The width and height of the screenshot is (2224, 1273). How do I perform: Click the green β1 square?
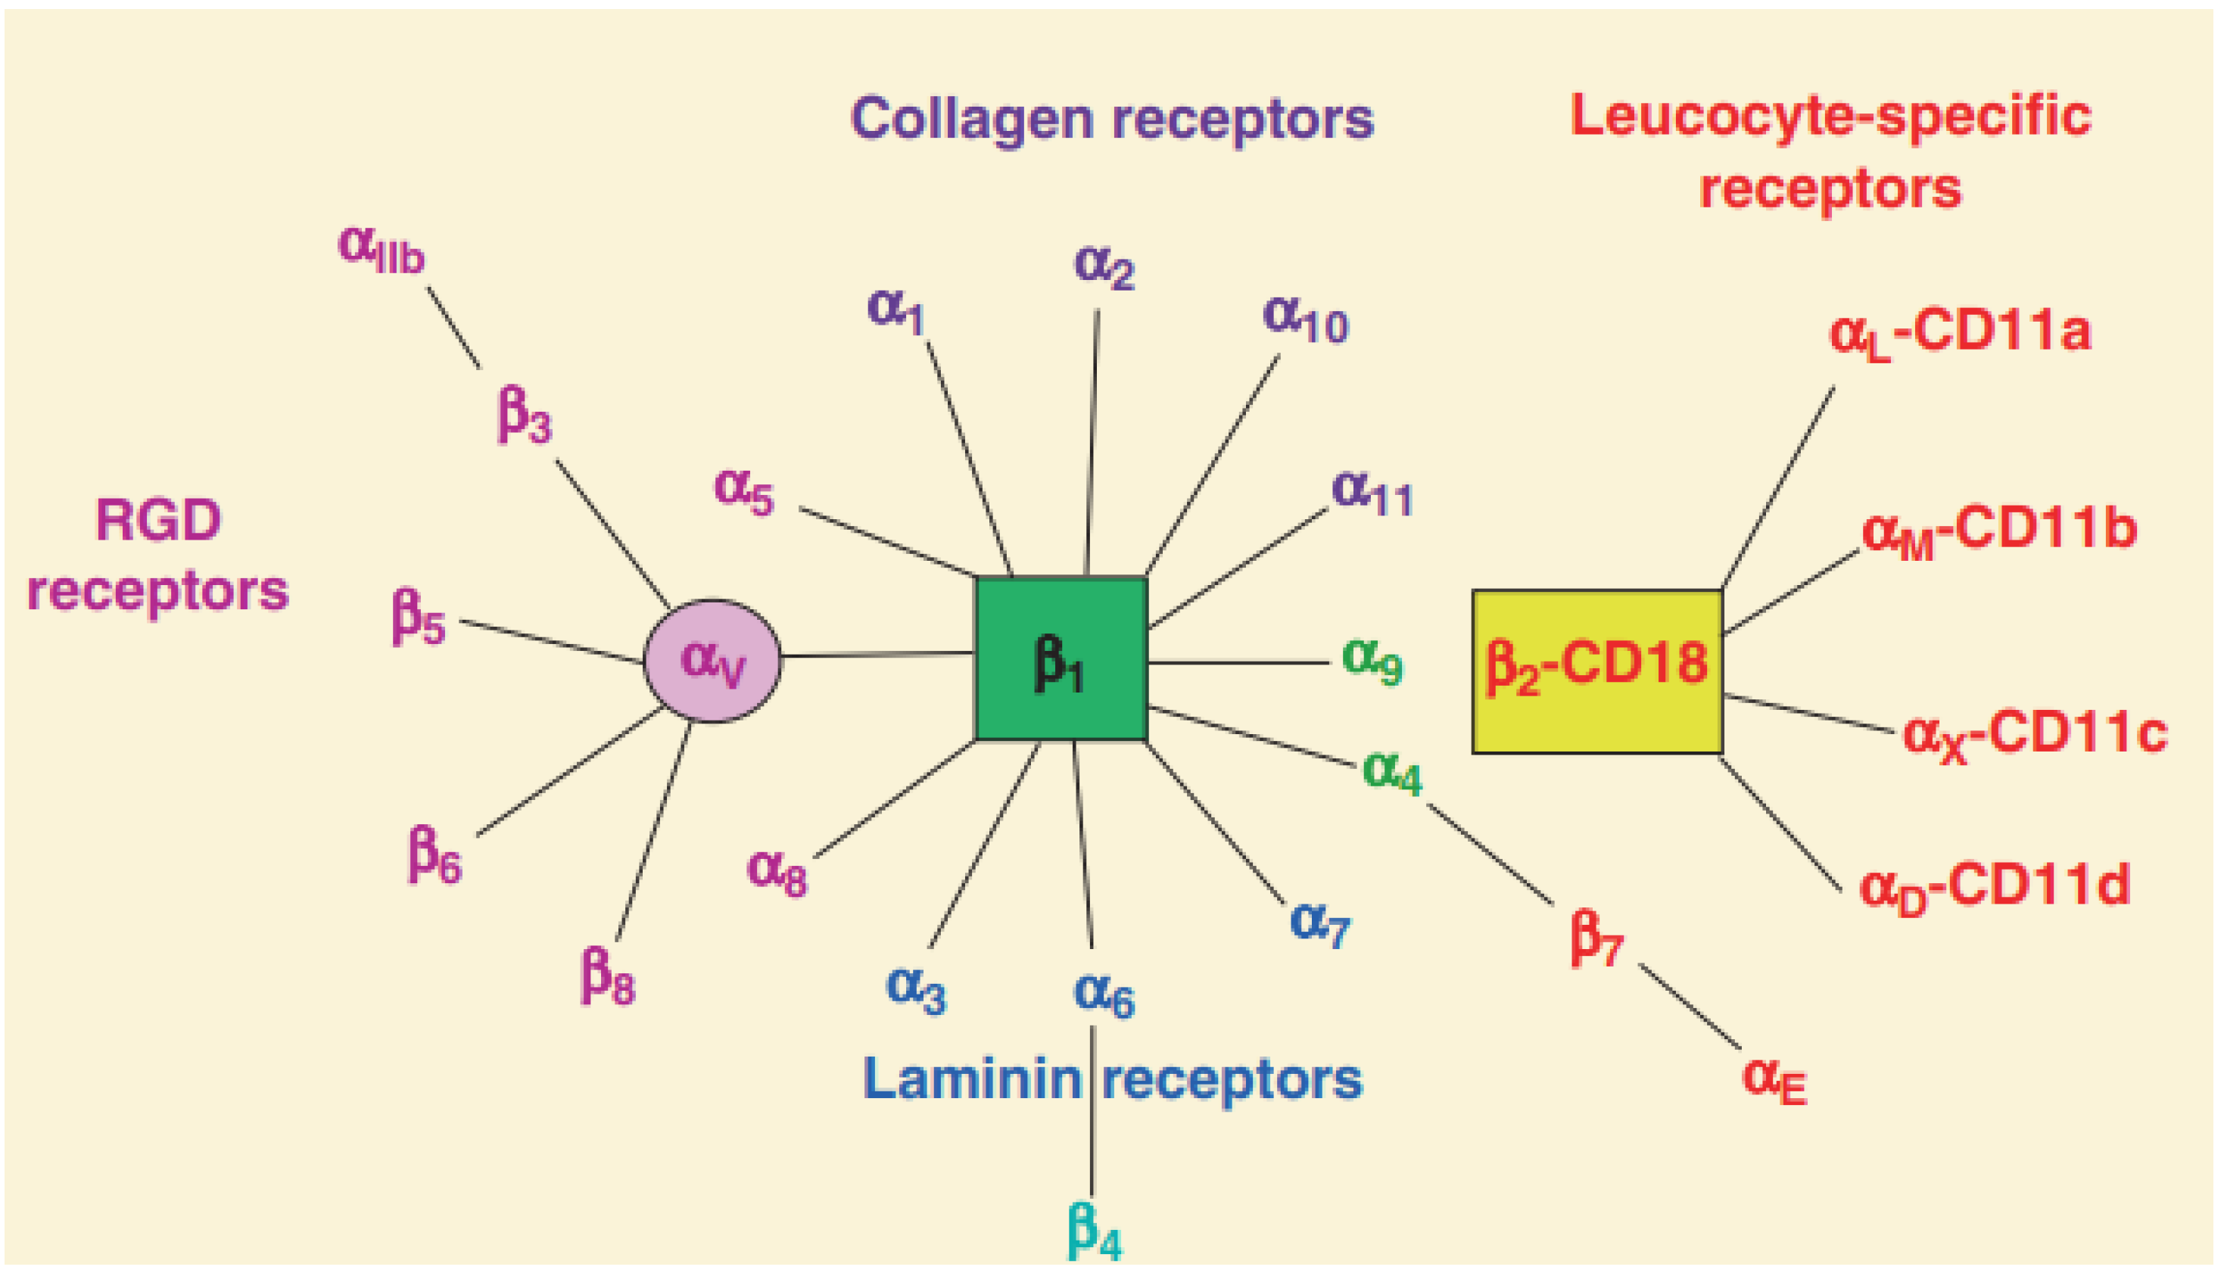pyautogui.click(x=1061, y=658)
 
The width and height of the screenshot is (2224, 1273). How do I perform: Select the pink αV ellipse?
pyautogui.click(x=712, y=660)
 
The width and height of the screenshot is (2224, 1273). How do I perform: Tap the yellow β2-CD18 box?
pyautogui.click(x=1596, y=671)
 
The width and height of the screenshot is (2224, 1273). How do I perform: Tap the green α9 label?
pyautogui.click(x=1372, y=660)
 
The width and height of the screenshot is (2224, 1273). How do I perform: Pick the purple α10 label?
pyautogui.click(x=1305, y=319)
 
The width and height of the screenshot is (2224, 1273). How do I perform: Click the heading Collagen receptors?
pyautogui.click(x=1111, y=119)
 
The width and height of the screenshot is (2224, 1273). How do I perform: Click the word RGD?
pyautogui.click(x=158, y=521)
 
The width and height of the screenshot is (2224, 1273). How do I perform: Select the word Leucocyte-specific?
pyautogui.click(x=1830, y=117)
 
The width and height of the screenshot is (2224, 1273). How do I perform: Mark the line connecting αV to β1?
pyautogui.click(x=877, y=654)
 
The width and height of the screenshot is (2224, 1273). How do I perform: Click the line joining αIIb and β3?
pyautogui.click(x=453, y=328)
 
